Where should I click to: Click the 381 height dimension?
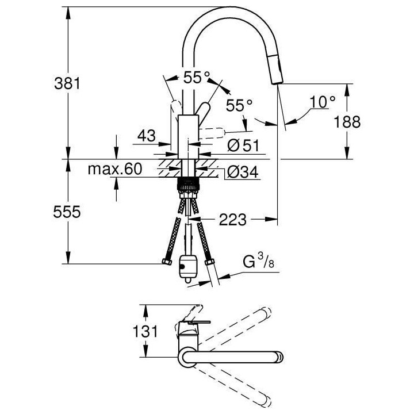(63, 83)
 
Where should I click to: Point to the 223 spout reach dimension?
(232, 218)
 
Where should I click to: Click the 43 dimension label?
(146, 136)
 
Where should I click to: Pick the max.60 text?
(114, 170)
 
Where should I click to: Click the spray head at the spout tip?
(278, 72)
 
